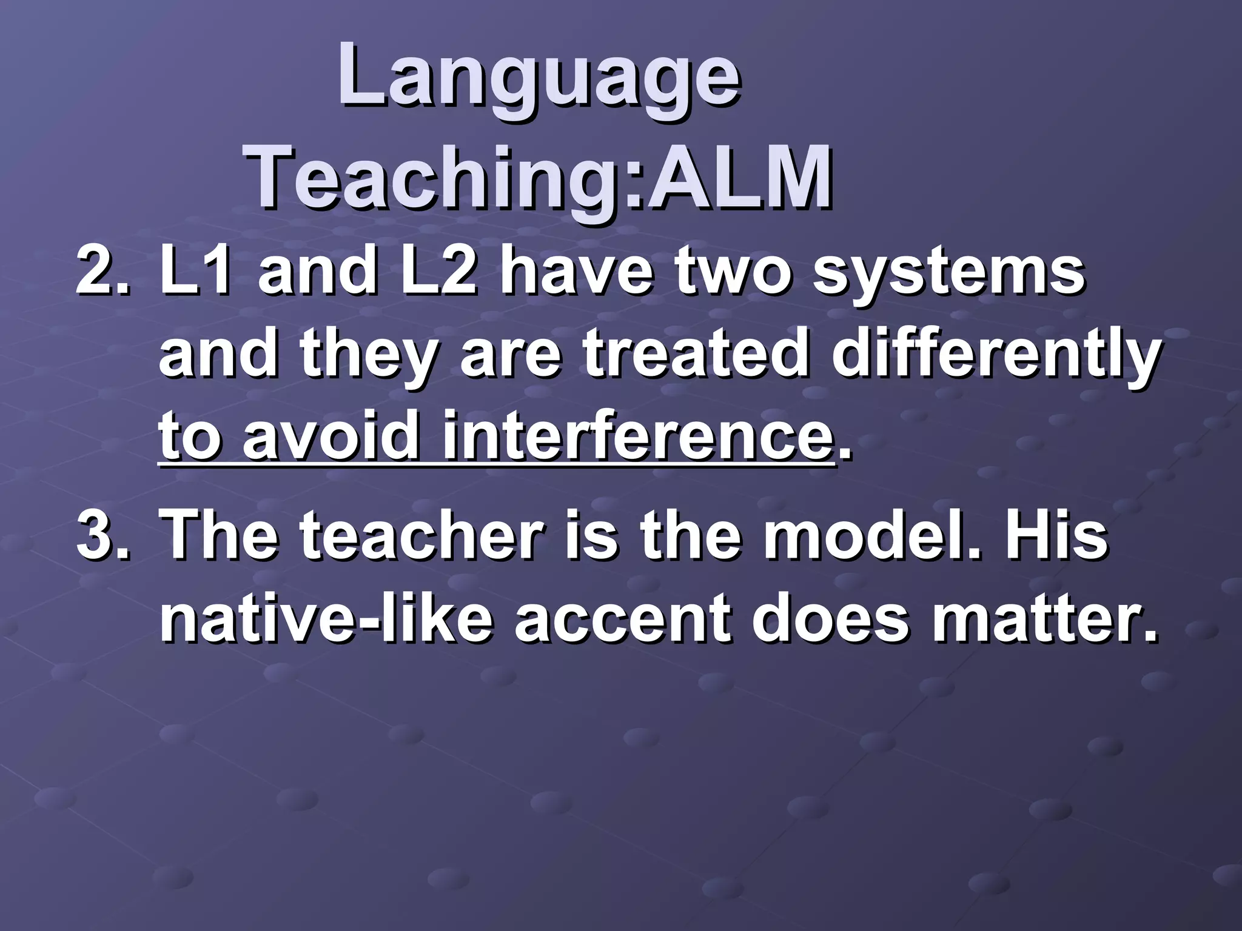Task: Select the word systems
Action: click(948, 272)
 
